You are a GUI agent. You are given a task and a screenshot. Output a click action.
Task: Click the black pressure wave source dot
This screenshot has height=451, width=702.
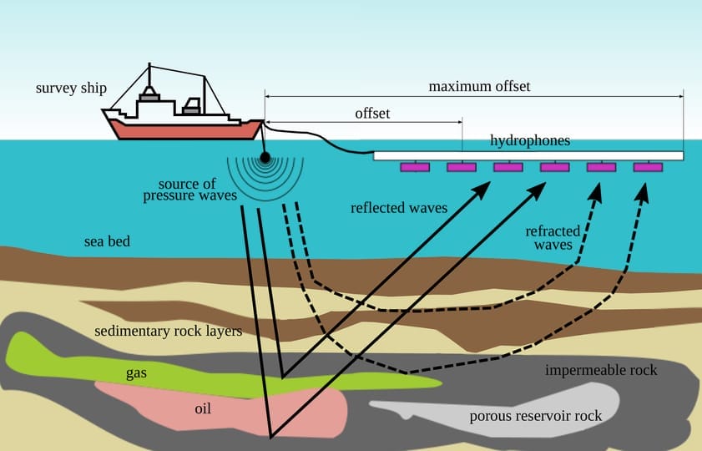coord(265,157)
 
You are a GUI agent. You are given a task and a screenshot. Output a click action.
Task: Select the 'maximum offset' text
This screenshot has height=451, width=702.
coord(479,86)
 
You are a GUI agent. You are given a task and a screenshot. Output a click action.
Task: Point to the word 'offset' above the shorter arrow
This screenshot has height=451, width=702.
coord(372,113)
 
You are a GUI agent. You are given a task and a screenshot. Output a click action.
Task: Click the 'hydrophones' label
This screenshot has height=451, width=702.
coord(530,140)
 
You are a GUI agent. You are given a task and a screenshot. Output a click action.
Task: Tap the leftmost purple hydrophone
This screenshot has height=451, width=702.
coord(415,167)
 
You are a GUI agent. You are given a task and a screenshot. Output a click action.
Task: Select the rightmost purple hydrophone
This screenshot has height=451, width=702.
coord(648,167)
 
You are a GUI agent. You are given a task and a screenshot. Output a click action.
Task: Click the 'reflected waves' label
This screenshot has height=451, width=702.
coord(399,207)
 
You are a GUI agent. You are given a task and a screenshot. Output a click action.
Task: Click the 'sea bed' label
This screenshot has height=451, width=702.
coord(107,242)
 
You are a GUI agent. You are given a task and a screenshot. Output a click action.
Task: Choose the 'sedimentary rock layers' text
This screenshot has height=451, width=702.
coord(168,331)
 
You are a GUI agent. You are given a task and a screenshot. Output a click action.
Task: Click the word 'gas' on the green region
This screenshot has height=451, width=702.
coord(136,372)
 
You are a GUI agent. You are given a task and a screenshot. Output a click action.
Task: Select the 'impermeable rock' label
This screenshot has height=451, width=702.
coord(601,370)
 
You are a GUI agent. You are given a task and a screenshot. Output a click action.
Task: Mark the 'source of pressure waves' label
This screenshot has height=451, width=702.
coord(193,190)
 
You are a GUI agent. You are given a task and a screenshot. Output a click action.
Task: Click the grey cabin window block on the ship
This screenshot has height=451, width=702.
coord(192,106)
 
